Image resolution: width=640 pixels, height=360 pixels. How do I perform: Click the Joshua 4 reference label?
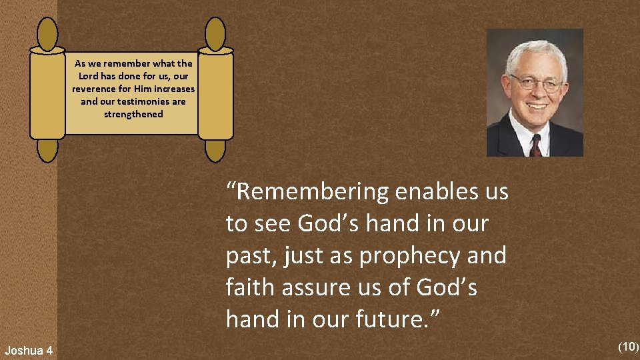tap(29, 350)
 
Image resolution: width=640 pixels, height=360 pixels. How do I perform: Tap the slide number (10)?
tap(628, 346)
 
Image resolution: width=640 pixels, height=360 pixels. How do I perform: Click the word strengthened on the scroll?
tap(133, 114)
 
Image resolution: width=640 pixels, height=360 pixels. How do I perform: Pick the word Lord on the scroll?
tap(89, 77)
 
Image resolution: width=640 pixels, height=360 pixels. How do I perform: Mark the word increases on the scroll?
tap(173, 89)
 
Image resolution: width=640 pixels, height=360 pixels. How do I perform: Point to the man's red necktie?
tap(536, 145)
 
